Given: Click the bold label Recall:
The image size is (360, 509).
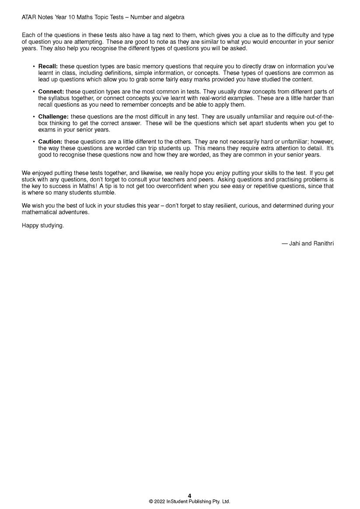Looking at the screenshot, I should [x=48, y=66].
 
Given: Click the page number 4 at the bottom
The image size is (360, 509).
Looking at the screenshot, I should [x=189, y=495].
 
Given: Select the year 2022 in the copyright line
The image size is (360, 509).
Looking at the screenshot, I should [x=160, y=502].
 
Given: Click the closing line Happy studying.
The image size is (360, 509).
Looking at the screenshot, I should [x=43, y=226].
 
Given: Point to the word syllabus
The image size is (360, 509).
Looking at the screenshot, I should [x=58, y=98].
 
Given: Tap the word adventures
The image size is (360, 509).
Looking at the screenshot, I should [x=75, y=213].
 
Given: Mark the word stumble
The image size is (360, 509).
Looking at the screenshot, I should [x=105, y=193].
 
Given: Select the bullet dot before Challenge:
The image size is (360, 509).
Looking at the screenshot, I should [x=34, y=117].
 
